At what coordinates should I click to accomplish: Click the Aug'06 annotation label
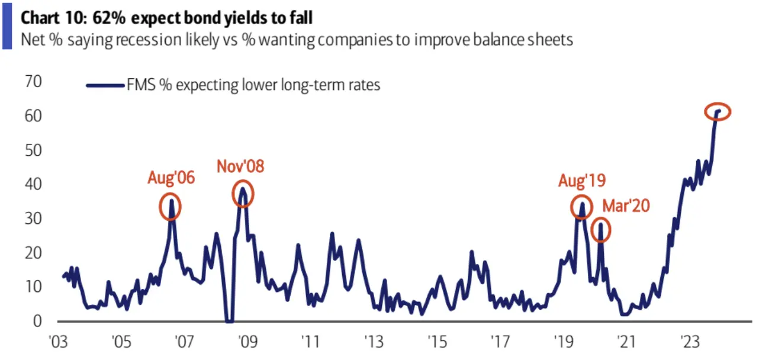171,178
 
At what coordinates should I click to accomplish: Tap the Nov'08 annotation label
240,166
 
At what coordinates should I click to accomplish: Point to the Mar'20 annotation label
626,205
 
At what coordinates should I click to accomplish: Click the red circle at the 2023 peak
718,111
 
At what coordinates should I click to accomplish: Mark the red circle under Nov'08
242,193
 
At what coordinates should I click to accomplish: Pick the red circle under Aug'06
171,206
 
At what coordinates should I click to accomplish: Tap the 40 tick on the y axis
34,185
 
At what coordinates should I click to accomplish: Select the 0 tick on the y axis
38,322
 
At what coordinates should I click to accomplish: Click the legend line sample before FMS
105,85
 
